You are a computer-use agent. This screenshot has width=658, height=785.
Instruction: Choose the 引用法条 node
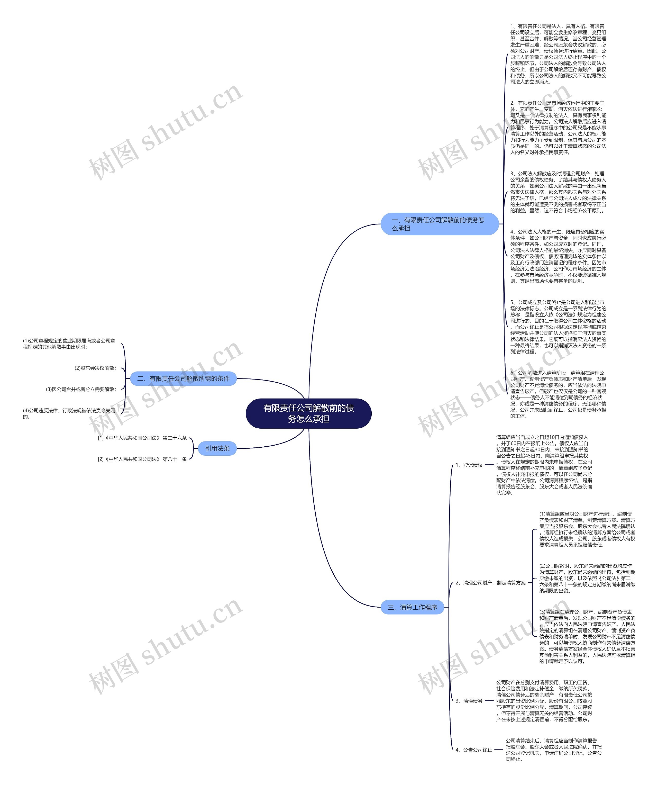click(217, 448)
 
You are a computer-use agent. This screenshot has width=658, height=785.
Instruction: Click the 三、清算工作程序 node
click(412, 607)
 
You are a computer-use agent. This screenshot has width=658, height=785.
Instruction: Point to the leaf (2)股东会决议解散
click(95, 368)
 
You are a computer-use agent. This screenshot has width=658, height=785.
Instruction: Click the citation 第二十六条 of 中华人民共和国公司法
click(142, 438)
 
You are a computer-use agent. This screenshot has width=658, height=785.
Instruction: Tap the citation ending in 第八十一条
click(142, 459)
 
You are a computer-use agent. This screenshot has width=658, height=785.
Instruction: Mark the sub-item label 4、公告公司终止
click(474, 750)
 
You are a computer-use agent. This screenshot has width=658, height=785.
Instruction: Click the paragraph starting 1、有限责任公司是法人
click(558, 54)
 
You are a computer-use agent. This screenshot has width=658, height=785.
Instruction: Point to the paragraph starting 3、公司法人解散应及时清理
click(558, 192)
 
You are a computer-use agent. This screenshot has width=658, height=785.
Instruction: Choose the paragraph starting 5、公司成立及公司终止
click(558, 327)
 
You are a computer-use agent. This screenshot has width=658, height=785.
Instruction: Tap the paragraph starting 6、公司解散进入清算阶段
click(558, 394)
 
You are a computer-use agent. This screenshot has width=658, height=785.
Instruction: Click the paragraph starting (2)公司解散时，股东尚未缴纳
click(587, 578)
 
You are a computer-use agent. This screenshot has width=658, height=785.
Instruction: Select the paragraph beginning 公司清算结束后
click(554, 750)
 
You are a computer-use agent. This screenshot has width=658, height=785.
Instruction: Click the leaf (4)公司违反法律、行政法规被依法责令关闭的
click(69, 413)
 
